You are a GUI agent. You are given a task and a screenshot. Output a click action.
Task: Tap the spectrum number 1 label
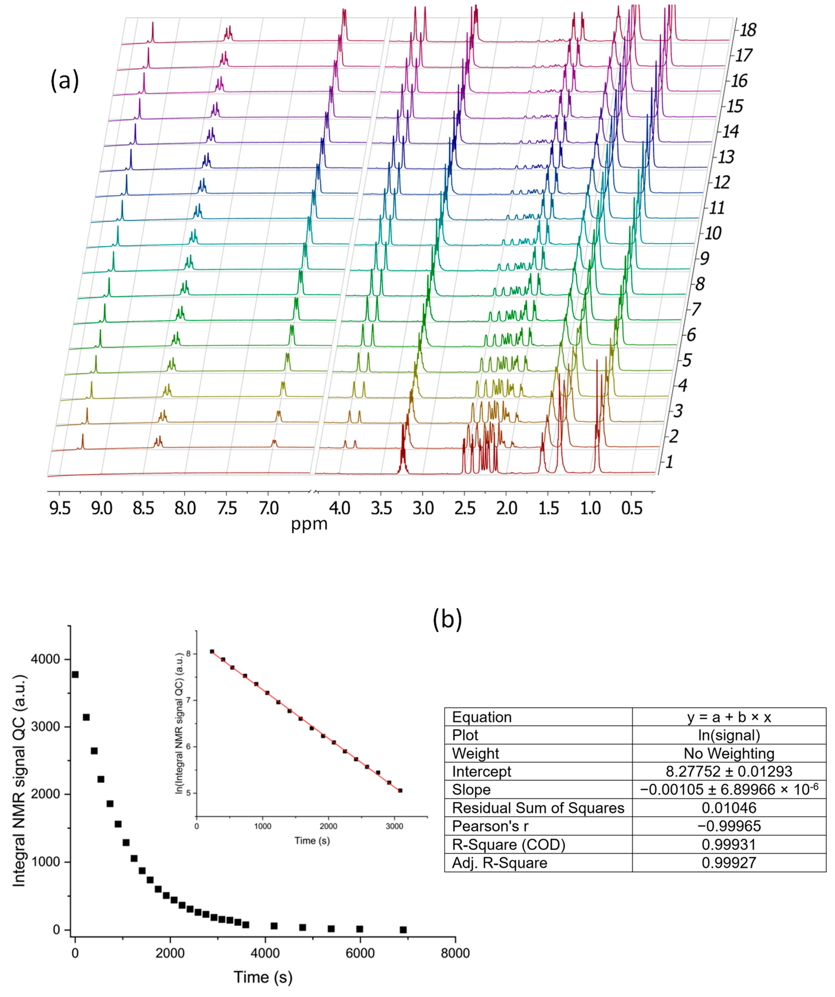click(x=669, y=461)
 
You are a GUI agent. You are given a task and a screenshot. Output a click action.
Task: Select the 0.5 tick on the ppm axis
click(x=632, y=509)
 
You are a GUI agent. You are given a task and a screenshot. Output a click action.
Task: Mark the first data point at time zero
click(x=75, y=675)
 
